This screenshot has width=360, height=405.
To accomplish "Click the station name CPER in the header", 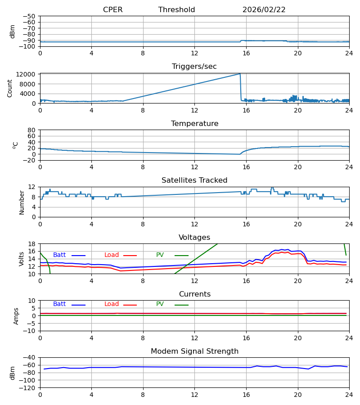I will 112,10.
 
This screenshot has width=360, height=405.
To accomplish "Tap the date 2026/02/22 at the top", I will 264,10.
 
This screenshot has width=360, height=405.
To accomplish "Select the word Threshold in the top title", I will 176,10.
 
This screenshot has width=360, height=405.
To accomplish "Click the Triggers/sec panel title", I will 194,67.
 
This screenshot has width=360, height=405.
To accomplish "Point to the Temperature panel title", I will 194,124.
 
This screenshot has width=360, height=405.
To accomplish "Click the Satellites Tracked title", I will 194,180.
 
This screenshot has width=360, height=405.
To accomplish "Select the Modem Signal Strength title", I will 194,351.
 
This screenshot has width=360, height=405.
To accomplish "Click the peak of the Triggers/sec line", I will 240,73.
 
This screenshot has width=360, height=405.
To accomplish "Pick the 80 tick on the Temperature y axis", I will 31,130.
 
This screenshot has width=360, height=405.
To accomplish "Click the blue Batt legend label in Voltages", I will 59,255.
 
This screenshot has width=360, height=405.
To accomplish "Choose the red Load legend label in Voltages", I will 112,255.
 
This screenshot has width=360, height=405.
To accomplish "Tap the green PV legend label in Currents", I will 160,304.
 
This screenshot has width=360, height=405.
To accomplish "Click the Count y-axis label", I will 10,88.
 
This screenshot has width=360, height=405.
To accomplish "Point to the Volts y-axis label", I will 22,259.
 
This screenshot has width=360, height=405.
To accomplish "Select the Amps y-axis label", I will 16,316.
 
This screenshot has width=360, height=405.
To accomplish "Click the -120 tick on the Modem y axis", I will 28,387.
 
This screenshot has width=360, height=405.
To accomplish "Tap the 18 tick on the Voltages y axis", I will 32,244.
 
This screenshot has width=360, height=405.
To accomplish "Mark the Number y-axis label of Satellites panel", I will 22,202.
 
